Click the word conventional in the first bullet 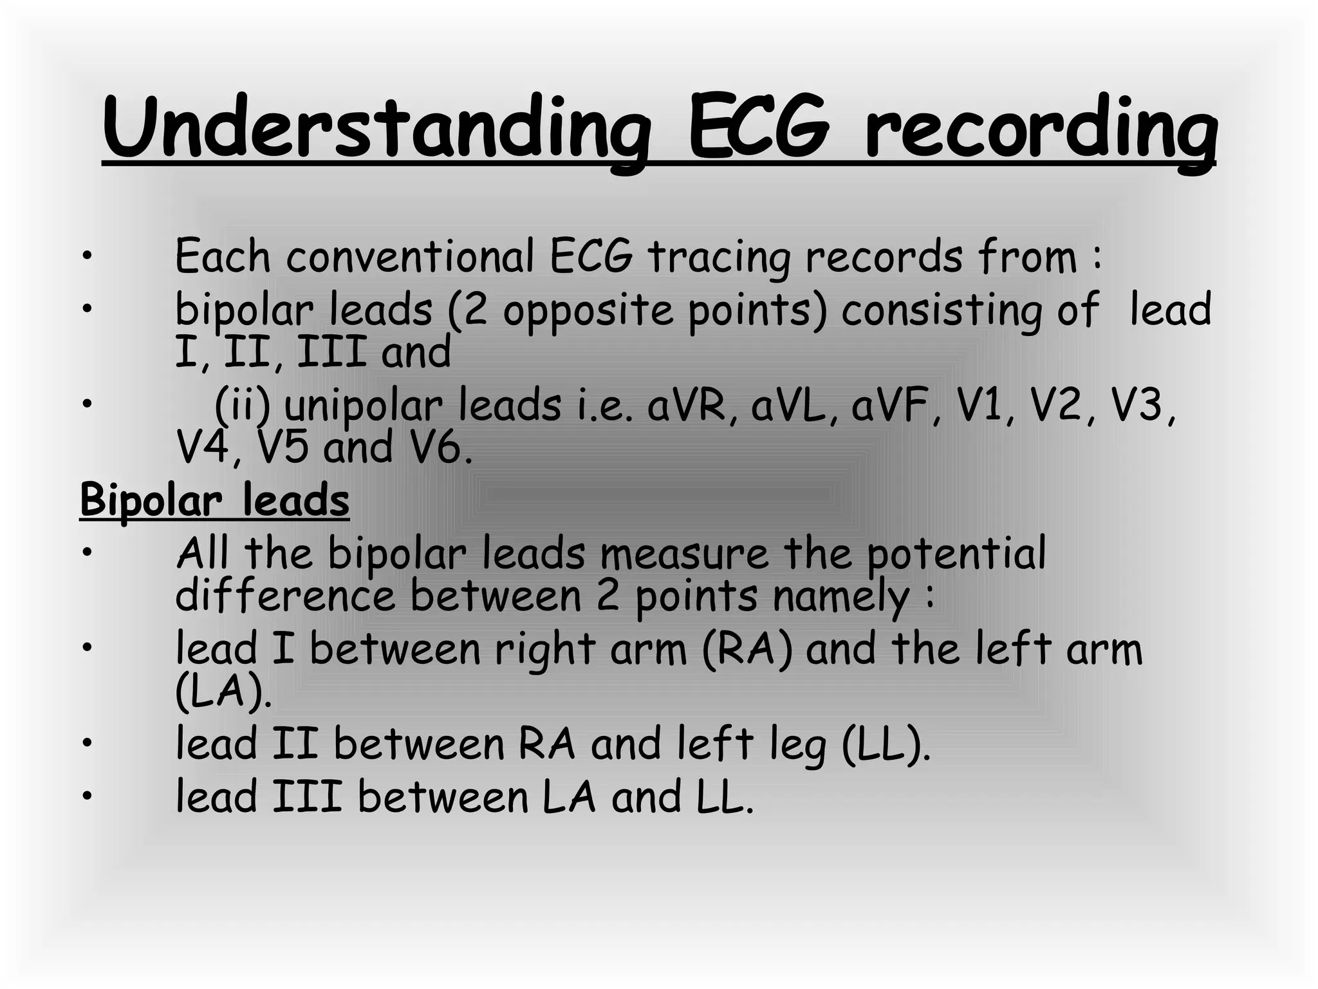[x=410, y=256]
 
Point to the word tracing [x=719, y=258]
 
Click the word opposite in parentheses [x=588, y=310]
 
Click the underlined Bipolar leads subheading [x=214, y=500]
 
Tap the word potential [x=956, y=555]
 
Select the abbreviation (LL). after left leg [x=886, y=744]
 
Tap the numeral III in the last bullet [x=306, y=796]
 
